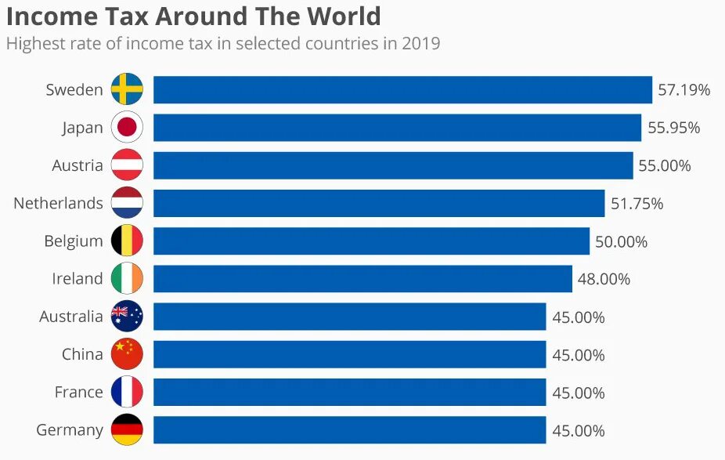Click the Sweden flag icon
tap(127, 89)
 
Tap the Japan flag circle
tap(127, 127)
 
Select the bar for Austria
tap(392, 165)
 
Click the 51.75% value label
tap(637, 204)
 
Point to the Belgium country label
tap(74, 241)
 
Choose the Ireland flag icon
tap(127, 279)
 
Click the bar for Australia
tap(349, 317)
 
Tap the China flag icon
tap(127, 354)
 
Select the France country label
tap(78, 392)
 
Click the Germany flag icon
tap(127, 429)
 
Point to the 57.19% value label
tap(684, 90)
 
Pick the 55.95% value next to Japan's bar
tap(673, 128)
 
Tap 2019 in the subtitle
tap(420, 43)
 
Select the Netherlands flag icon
tap(127, 203)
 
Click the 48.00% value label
tap(604, 279)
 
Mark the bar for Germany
tap(349, 429)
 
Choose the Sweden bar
tap(402, 89)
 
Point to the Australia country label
tap(71, 317)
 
